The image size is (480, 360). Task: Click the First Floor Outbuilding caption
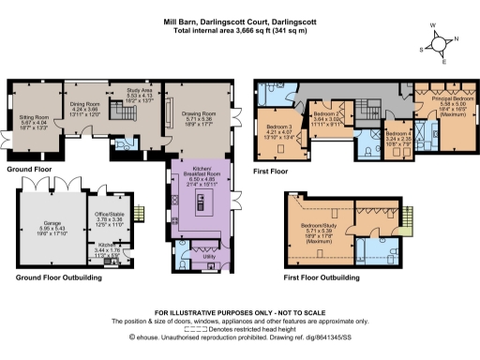[320, 278]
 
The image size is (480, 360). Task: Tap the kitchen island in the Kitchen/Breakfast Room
[199, 202]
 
